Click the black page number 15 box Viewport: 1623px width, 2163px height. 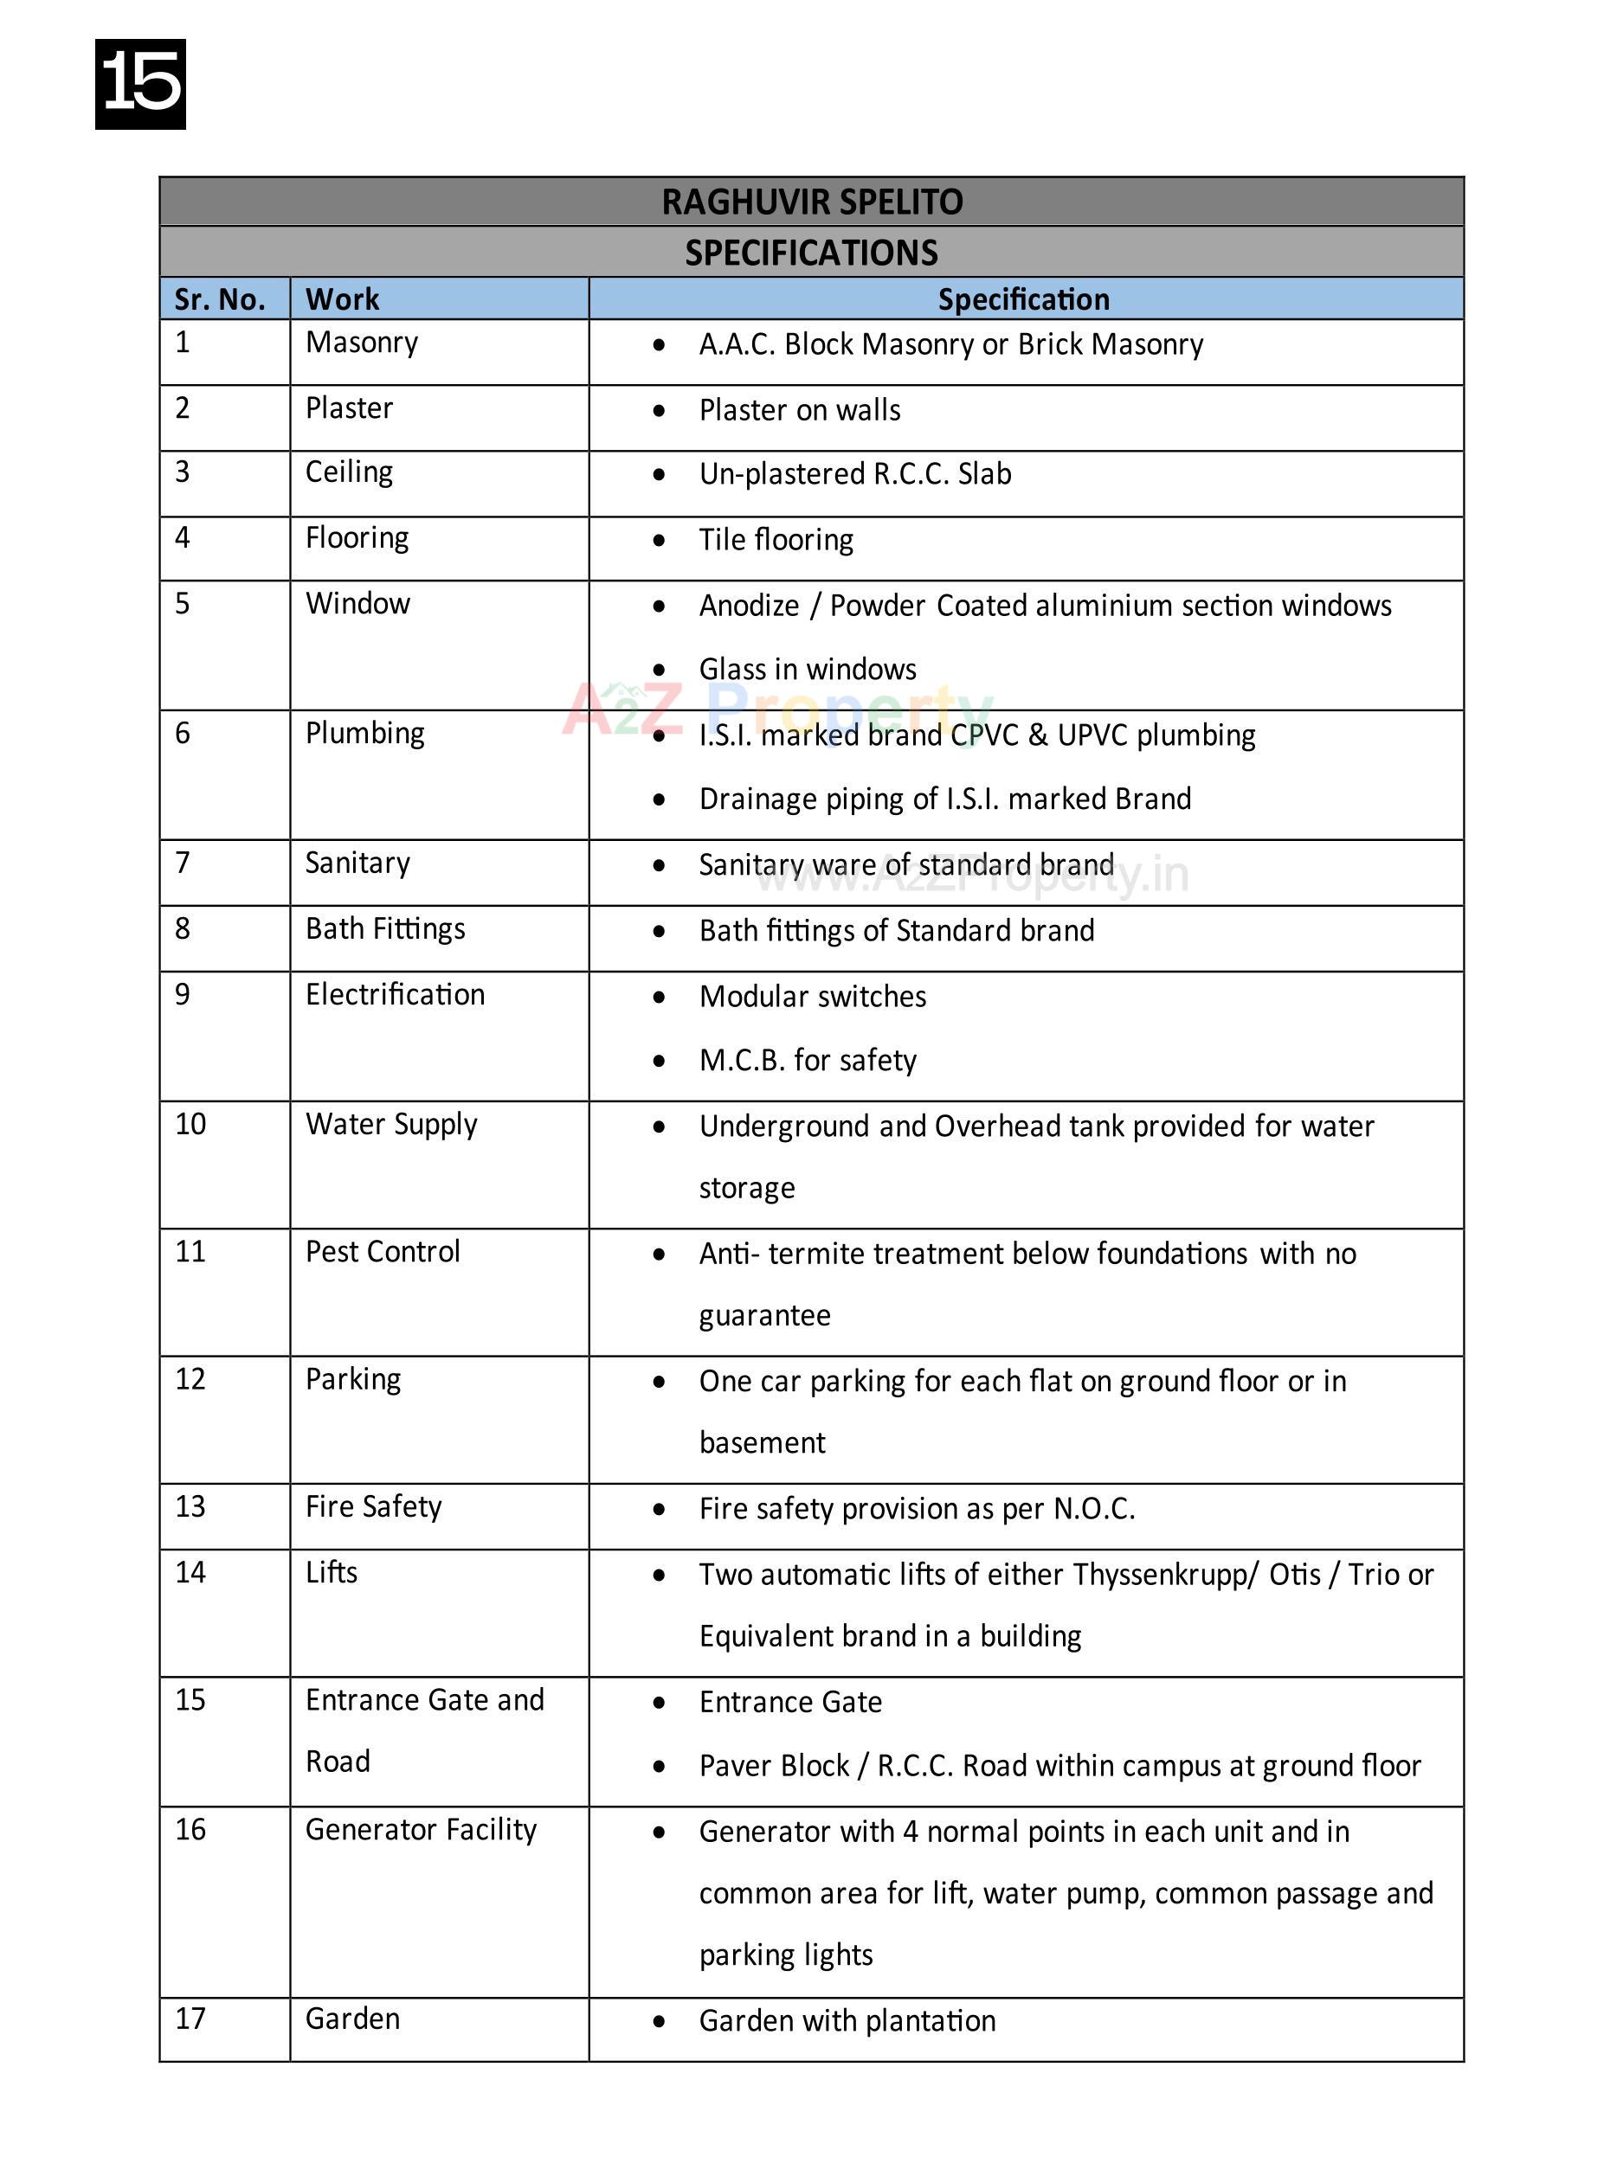tap(140, 84)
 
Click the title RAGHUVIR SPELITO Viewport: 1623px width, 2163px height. tap(811, 202)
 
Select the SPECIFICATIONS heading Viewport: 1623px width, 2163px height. tap(811, 253)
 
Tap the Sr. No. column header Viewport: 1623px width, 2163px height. tap(219, 299)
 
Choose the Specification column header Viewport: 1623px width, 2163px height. tap(1023, 299)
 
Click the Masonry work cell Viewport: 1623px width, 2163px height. tap(361, 343)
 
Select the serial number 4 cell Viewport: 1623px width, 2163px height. tap(183, 538)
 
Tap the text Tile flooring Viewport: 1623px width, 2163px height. tap(776, 540)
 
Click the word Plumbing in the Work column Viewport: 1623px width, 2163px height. tap(365, 734)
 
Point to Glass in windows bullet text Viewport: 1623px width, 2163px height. tap(807, 669)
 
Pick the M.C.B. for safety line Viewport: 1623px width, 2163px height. tap(807, 1060)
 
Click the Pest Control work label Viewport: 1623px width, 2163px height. tap(383, 1252)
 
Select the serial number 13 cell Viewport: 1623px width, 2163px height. tap(190, 1506)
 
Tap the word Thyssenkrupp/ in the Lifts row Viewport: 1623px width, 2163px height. tap(1164, 1575)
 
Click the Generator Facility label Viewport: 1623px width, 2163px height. tap(421, 1830)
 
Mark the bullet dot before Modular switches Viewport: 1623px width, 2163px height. tap(660, 998)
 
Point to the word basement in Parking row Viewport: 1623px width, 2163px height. tap(762, 1442)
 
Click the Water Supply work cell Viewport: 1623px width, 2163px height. tap(391, 1125)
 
